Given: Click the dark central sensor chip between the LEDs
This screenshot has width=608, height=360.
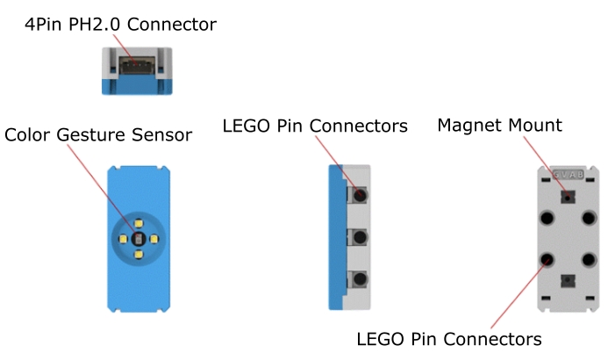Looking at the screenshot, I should point(137,237).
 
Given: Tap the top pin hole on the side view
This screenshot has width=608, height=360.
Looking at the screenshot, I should point(358,192).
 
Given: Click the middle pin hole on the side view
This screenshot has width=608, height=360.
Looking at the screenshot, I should point(358,237).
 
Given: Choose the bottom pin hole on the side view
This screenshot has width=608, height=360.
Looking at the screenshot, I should point(358,282).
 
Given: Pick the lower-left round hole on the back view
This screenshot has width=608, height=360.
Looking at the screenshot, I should point(547,260).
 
